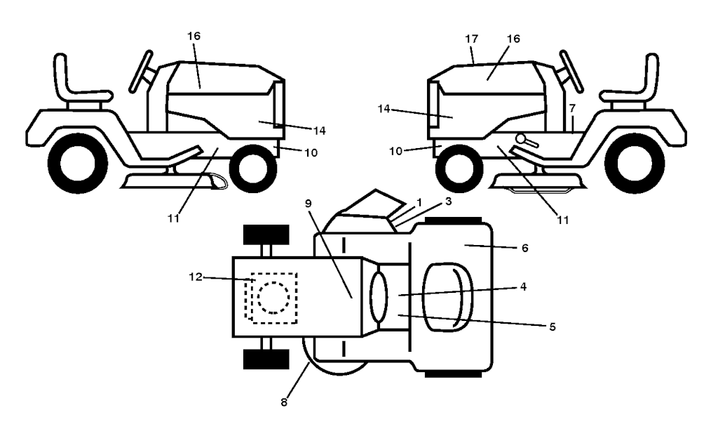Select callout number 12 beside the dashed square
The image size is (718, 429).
[197, 277]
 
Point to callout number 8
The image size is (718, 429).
[284, 402]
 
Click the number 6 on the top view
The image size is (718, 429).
[523, 248]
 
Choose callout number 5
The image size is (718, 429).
[553, 327]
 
